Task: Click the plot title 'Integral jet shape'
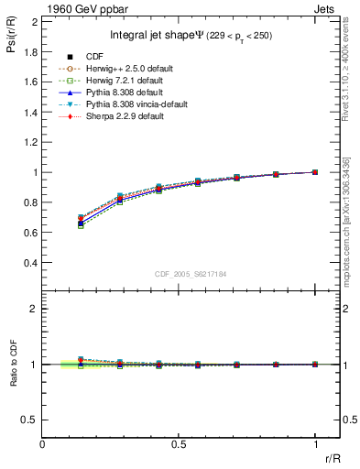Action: [x=148, y=36]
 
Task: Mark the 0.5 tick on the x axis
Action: [x=179, y=443]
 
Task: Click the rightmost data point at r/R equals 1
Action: [x=315, y=172]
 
